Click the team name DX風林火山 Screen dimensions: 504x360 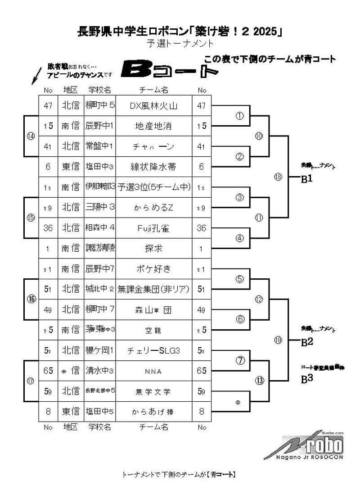153,106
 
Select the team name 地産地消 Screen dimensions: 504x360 153,126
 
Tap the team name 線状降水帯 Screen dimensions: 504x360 153,167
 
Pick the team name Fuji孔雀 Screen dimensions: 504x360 153,228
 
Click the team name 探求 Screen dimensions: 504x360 153,248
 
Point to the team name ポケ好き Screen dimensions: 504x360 153,269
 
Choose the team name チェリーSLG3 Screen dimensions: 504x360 153,350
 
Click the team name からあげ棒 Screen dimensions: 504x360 153,411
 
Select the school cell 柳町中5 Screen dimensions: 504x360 100,106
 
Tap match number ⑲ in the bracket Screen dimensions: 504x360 278,340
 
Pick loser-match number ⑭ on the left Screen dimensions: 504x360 31,136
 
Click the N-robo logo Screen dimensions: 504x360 310,445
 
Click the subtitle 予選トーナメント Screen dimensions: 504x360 180,44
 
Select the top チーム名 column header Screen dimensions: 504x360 153,90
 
